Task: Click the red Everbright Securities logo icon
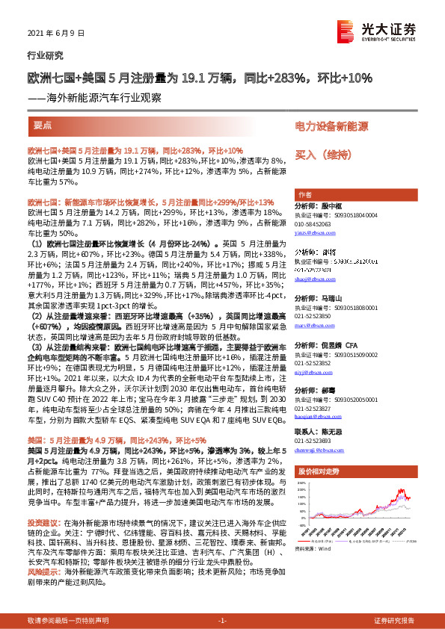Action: click(x=346, y=30)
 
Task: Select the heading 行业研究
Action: click(x=45, y=55)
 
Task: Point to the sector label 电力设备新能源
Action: click(x=331, y=126)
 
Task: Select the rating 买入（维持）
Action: click(x=323, y=155)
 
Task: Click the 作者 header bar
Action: click(x=304, y=193)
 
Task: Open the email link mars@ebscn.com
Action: click(x=312, y=326)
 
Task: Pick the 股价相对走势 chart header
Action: click(x=319, y=472)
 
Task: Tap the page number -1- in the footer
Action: click(x=222, y=620)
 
